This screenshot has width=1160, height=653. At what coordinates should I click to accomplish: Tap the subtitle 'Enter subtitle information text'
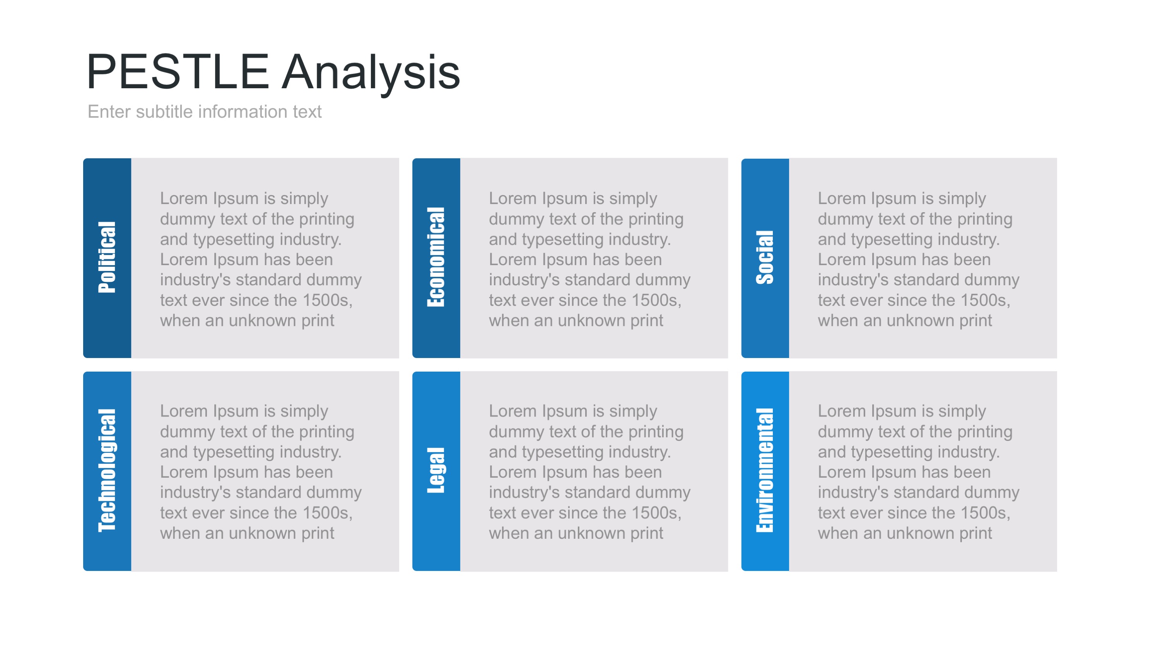pos(205,112)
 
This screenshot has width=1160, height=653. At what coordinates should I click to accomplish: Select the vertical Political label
pos(107,257)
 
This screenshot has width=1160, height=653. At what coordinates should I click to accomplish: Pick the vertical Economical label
pos(436,257)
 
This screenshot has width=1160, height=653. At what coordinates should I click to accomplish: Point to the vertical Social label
pos(765,257)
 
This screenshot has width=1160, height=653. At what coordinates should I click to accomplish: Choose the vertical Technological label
pos(107,470)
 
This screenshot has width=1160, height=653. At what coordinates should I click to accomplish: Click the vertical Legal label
pos(436,470)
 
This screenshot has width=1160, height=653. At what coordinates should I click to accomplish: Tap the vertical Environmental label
pos(765,470)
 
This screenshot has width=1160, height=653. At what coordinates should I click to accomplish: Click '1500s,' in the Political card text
pos(327,300)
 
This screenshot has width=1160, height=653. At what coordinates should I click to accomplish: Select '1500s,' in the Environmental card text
pos(985,513)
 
